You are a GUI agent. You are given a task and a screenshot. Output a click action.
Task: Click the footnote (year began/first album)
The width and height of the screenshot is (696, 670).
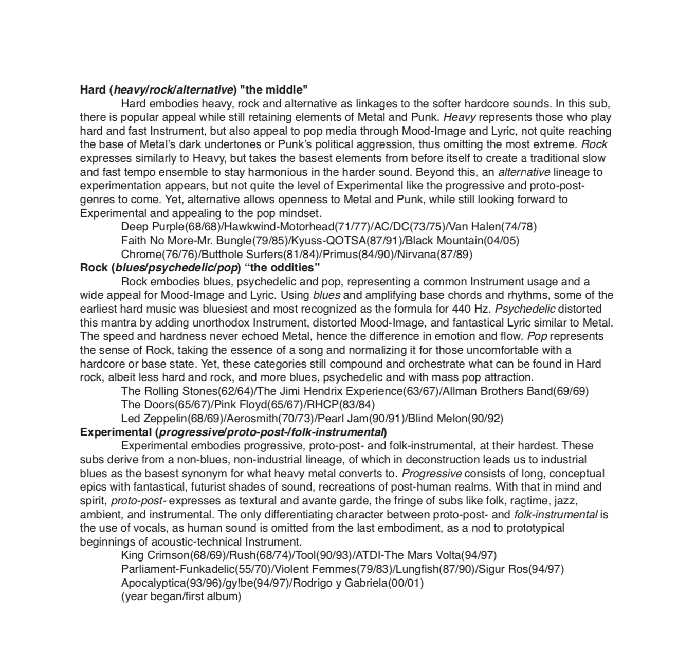(x=181, y=597)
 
